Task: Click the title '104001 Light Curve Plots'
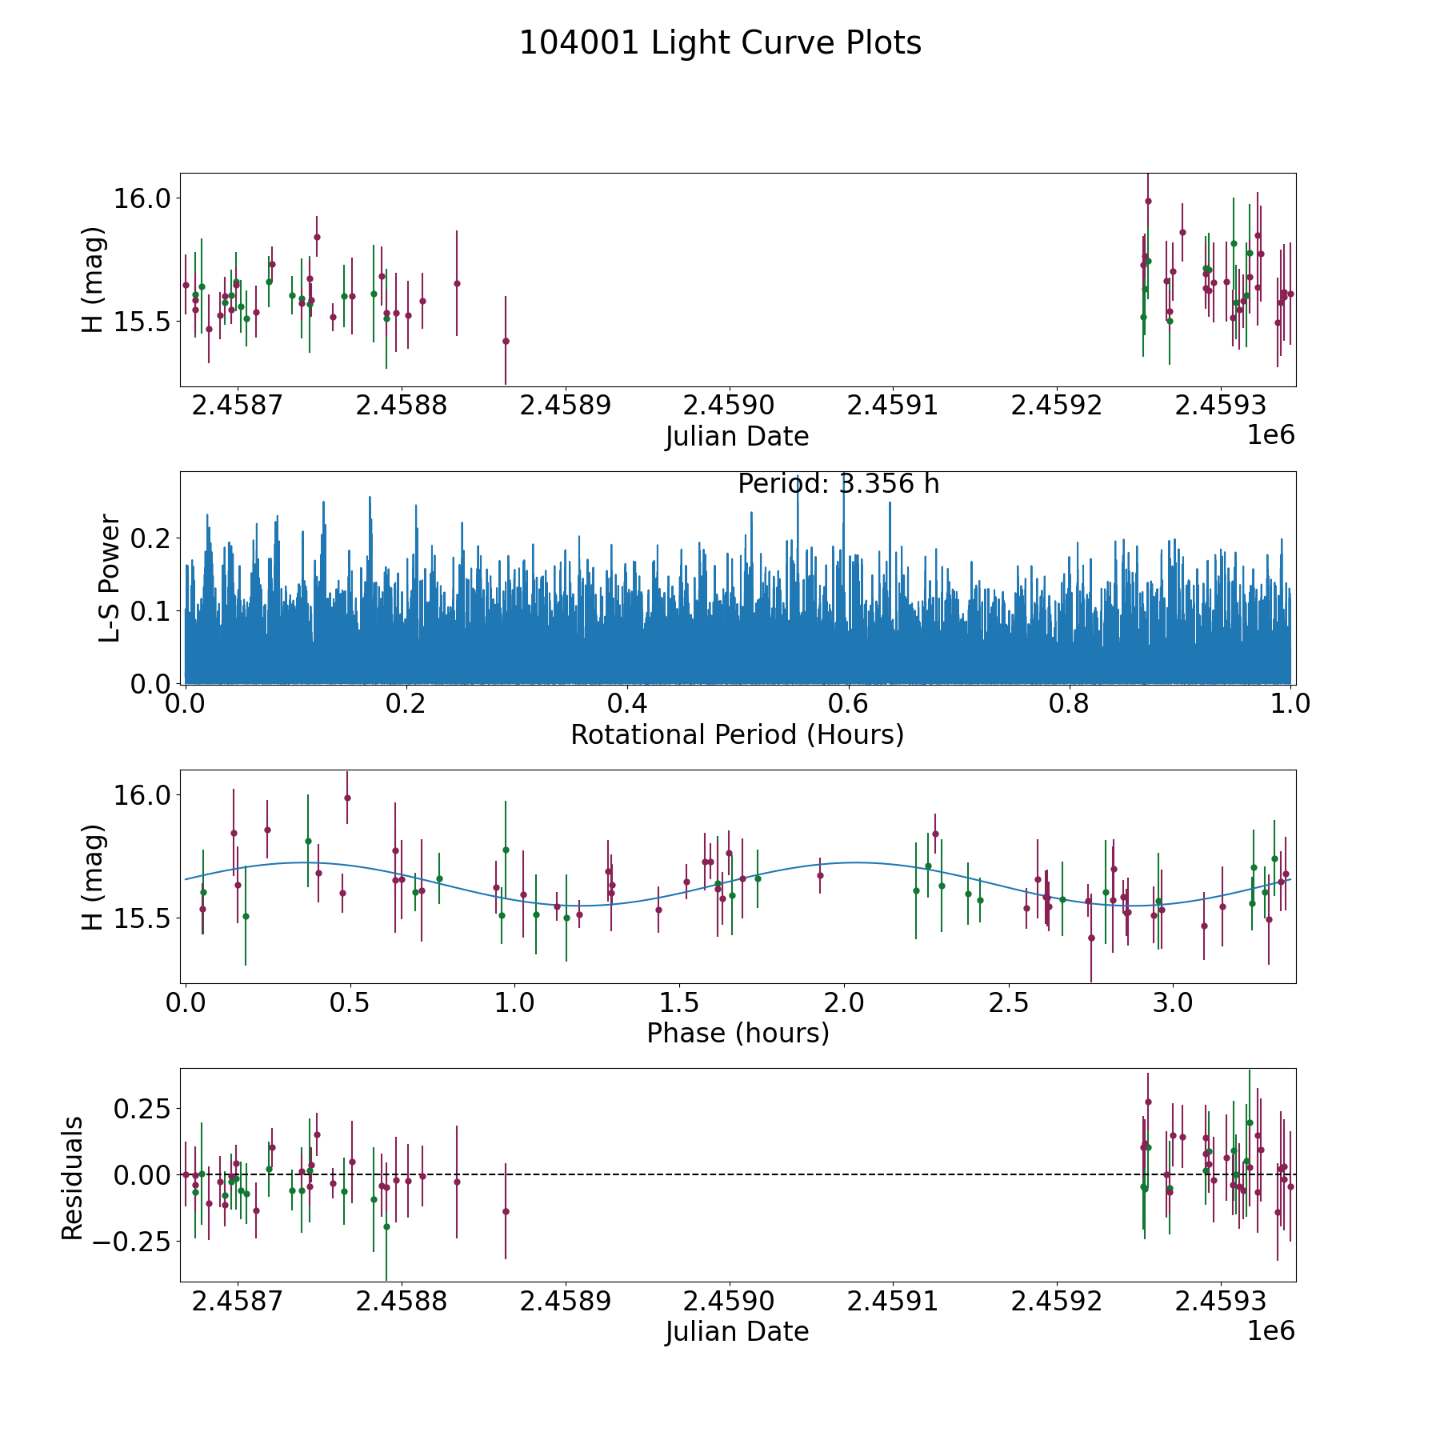coord(720,43)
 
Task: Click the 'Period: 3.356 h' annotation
coord(838,484)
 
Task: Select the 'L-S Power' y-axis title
coord(110,578)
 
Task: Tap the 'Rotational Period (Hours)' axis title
coord(737,734)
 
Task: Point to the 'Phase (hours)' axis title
coord(737,1033)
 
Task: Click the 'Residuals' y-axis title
coord(72,1178)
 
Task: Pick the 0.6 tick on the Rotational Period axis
coord(848,704)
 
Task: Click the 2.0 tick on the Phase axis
coord(844,1002)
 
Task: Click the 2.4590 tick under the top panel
coord(729,406)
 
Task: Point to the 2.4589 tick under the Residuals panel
coord(565,1302)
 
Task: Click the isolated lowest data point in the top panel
coord(506,341)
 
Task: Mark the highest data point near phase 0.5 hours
coord(347,798)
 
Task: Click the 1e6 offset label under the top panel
coord(1270,435)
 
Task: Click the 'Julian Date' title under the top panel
coord(737,437)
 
